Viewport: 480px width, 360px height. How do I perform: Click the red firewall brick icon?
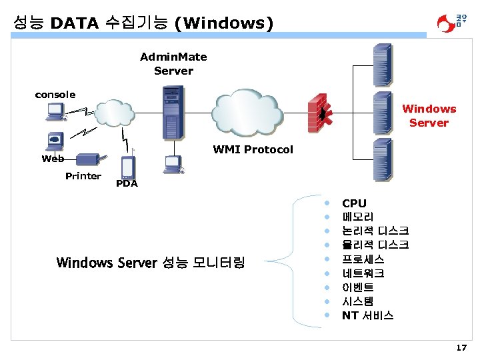[x=321, y=114]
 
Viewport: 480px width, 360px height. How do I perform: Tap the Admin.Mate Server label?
[x=173, y=64]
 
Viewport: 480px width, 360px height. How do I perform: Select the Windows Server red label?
[x=429, y=116]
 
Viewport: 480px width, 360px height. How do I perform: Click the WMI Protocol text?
[x=253, y=149]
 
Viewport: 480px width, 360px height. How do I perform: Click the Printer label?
[x=83, y=176]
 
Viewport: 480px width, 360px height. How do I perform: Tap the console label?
[x=55, y=95]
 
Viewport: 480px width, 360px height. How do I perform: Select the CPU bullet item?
[x=354, y=203]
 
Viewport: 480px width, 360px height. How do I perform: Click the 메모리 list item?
[x=358, y=217]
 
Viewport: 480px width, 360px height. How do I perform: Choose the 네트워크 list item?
[x=363, y=273]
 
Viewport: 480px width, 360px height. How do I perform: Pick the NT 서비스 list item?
[x=367, y=315]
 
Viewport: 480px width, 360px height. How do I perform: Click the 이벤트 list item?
[x=358, y=287]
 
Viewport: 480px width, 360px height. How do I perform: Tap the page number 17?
[x=461, y=347]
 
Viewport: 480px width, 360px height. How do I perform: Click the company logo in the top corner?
[x=451, y=22]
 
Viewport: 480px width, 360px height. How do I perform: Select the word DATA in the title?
[x=75, y=23]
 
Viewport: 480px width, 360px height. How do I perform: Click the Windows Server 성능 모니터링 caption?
[x=151, y=263]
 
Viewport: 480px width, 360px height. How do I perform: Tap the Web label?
[x=53, y=159]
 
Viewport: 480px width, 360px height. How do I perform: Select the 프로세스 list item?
[x=363, y=259]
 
